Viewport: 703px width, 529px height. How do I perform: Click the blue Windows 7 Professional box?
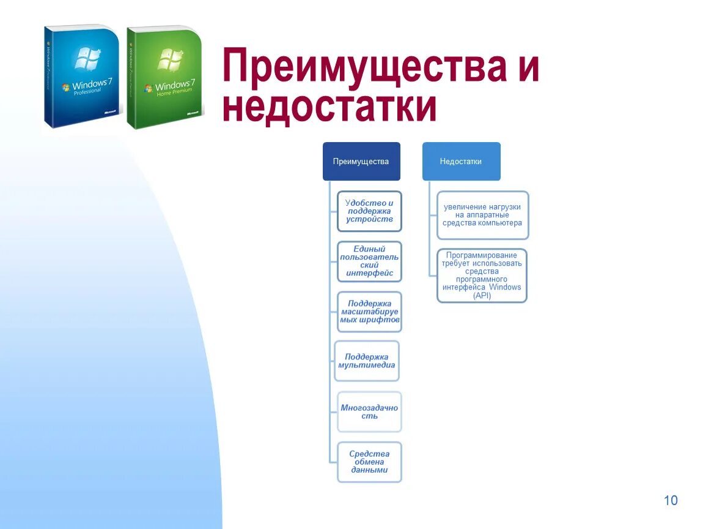point(82,77)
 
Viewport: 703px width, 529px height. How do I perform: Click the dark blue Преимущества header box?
point(361,162)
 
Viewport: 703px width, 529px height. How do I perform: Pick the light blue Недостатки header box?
point(461,162)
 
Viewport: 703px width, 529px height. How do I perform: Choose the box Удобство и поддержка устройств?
point(369,211)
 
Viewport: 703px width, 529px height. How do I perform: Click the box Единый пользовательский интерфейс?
point(369,261)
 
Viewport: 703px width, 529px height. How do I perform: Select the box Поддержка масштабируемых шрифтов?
point(369,312)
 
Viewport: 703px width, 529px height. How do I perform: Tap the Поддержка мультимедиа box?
point(367,361)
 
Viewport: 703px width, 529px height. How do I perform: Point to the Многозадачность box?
point(369,411)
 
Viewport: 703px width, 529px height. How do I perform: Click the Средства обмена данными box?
point(369,462)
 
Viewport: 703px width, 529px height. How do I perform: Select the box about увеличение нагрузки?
point(482,215)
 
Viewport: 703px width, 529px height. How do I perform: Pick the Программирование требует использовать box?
point(482,276)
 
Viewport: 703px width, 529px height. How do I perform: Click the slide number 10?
point(671,501)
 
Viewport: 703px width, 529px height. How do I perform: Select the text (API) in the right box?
point(482,296)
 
